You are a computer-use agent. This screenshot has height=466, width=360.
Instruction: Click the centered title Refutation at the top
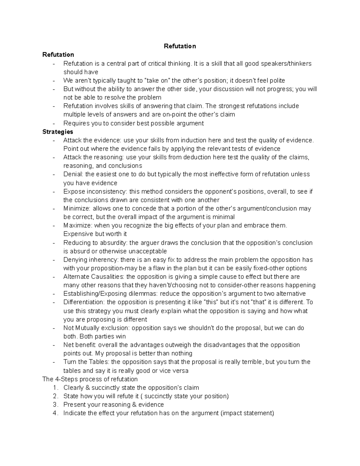tap(180, 46)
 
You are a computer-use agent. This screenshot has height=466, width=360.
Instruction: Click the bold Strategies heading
tap(58, 132)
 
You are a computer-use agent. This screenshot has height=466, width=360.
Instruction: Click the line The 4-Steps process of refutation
tap(90, 379)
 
